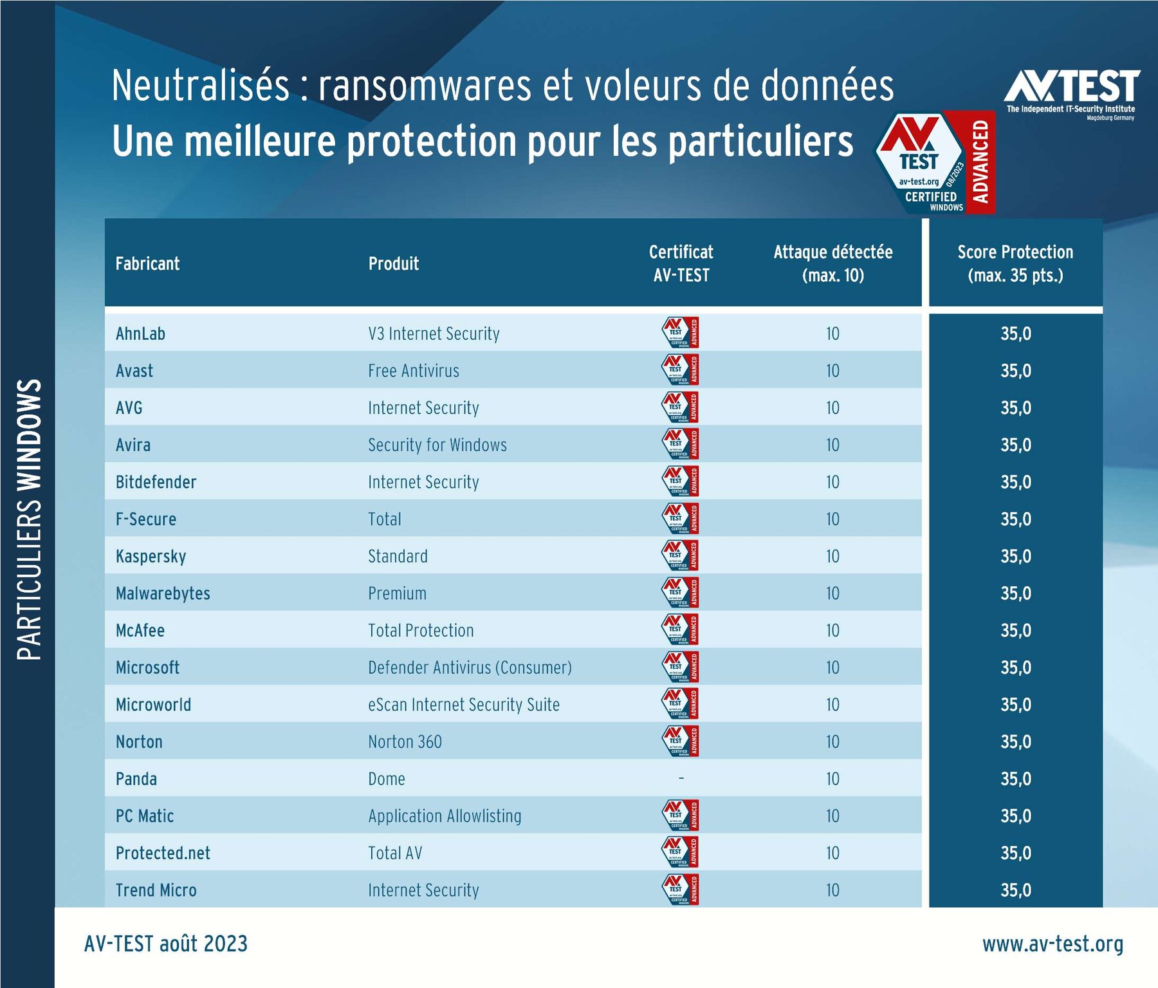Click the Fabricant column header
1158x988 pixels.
(147, 264)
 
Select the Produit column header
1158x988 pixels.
(393, 264)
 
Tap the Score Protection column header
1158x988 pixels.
(1015, 264)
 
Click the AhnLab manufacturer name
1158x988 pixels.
(140, 334)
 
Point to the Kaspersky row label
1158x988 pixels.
(151, 557)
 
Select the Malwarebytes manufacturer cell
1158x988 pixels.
(163, 593)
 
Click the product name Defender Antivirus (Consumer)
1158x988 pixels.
(470, 668)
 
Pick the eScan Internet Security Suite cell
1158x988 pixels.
(464, 705)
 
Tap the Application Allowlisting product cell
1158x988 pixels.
(445, 816)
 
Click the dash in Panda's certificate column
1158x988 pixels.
(681, 779)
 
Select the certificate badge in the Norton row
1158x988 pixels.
(681, 741)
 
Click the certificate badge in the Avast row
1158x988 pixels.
(681, 370)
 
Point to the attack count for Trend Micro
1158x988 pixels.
(832, 890)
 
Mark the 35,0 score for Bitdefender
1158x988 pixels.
(1015, 482)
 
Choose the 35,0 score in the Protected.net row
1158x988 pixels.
(1015, 853)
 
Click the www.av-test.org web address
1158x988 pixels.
(1052, 944)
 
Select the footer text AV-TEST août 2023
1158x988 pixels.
(166, 944)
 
